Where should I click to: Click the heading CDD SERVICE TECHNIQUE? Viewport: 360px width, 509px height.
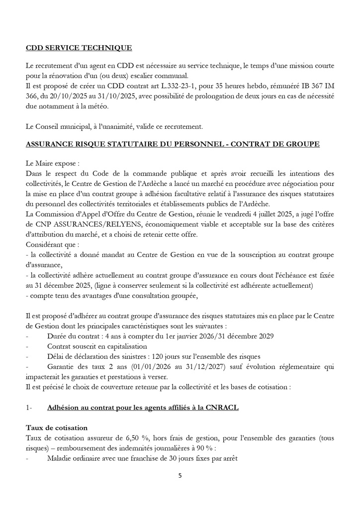pyautogui.click(x=79, y=48)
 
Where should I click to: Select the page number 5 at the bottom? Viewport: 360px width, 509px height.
pyautogui.click(x=180, y=475)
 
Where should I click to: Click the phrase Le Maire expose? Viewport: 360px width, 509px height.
pyautogui.click(x=50, y=163)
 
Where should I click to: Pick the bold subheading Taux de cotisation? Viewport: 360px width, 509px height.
pyautogui.click(x=57, y=427)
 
